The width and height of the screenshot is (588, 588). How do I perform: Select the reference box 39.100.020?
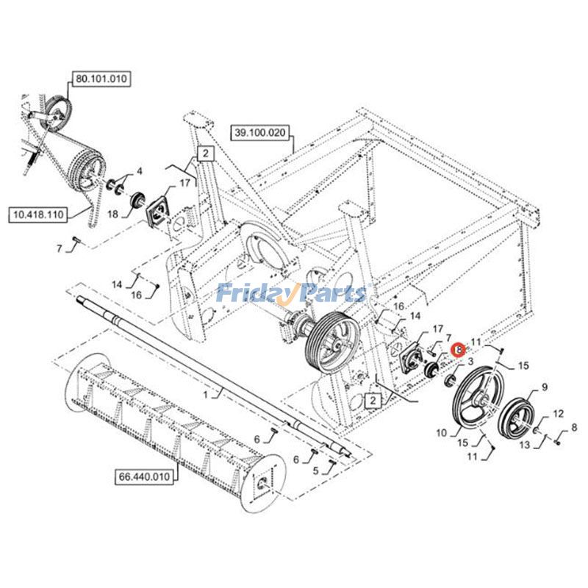261,133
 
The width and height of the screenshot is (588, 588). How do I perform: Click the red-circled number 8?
458,351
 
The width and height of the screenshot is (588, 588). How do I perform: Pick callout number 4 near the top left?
140,171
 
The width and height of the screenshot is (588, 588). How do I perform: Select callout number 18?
112,214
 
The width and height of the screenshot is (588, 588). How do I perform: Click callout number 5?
317,472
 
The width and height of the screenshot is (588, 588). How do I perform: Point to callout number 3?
470,362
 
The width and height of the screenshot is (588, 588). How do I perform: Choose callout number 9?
545,387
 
